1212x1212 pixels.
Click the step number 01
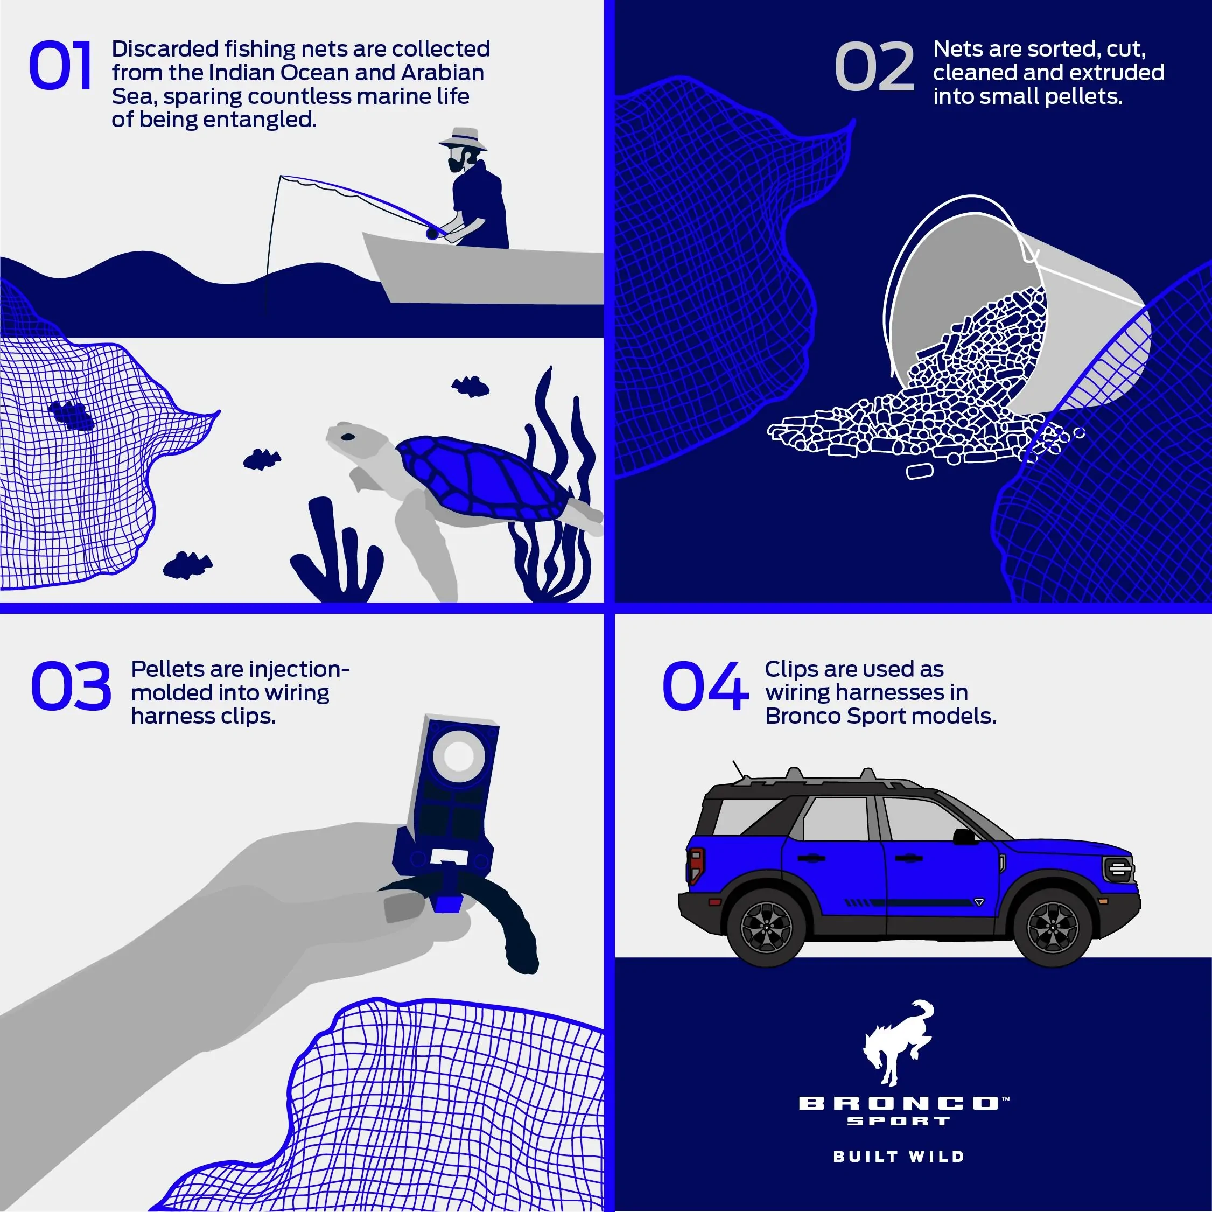(60, 65)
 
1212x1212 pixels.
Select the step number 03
(71, 686)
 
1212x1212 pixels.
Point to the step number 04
(705, 686)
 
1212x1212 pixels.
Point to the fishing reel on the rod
(432, 233)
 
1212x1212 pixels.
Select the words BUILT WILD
(898, 1156)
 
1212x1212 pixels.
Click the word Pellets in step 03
(167, 669)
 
